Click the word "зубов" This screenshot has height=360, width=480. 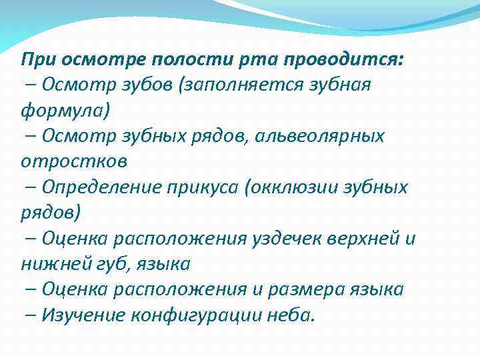[x=147, y=85]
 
